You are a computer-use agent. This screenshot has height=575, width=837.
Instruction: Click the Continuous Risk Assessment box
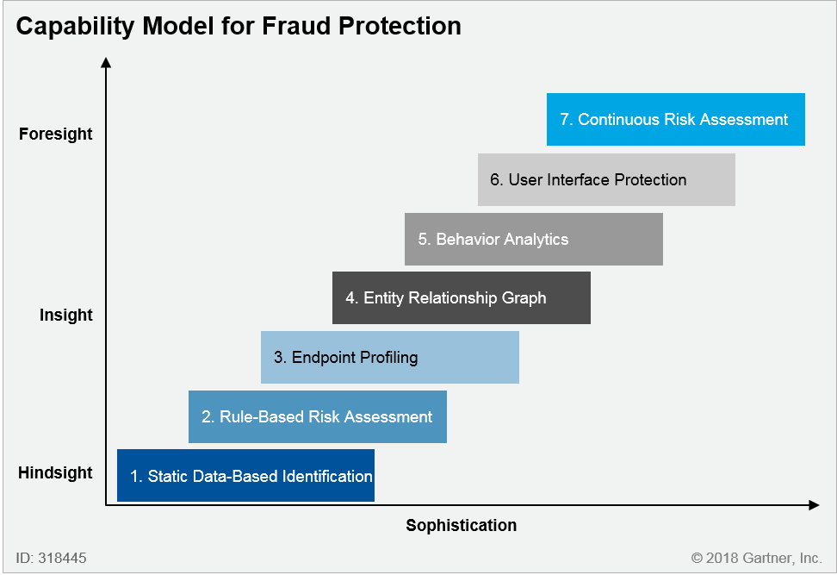(676, 119)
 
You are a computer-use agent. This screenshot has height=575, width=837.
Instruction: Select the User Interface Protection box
(606, 179)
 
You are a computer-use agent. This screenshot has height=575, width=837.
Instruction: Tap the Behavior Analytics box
(534, 239)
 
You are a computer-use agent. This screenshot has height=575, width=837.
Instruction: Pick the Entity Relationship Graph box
(462, 297)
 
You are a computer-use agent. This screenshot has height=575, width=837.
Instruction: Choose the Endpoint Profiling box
(390, 357)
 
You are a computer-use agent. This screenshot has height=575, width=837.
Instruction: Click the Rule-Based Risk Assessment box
(318, 417)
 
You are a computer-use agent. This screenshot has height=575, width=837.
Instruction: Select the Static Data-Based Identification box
(245, 476)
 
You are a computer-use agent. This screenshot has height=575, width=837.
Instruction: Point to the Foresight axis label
(55, 134)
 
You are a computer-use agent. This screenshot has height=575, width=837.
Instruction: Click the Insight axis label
(65, 315)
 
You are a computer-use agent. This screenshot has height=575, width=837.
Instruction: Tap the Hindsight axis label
(55, 472)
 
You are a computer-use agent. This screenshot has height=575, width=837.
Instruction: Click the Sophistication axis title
(462, 525)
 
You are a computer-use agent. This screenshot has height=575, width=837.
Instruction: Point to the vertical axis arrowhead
(106, 63)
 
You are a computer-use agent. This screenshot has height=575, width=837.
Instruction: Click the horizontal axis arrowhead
(814, 505)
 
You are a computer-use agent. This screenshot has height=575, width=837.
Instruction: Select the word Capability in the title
(75, 27)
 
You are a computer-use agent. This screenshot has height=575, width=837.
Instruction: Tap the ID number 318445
(63, 558)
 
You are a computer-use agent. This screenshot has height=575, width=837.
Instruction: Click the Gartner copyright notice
(756, 558)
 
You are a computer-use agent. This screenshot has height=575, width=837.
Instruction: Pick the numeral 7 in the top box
(565, 119)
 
